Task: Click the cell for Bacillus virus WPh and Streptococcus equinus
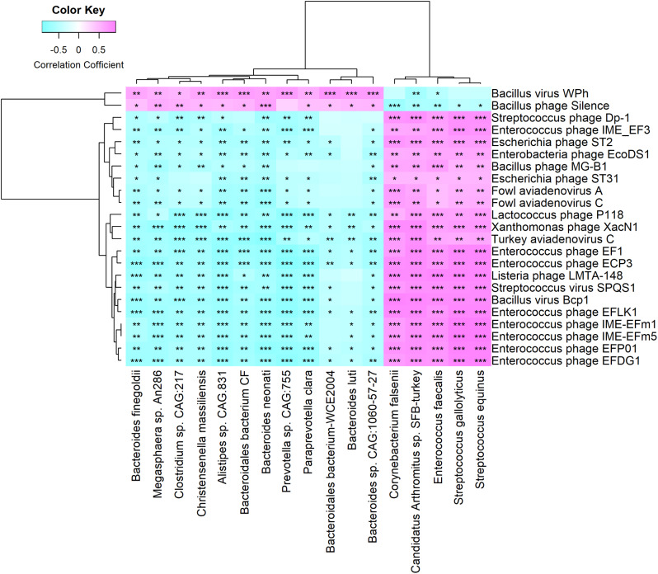coord(481,93)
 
